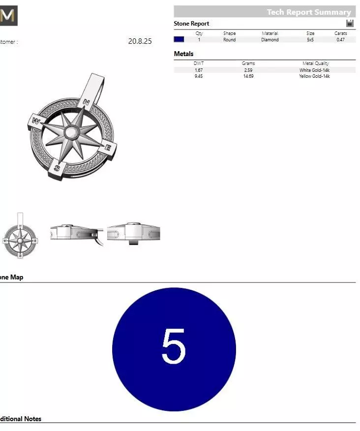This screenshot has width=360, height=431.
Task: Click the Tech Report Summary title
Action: pos(308,12)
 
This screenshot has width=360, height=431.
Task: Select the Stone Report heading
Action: pos(191,24)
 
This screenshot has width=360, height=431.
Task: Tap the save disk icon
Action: pos(350,23)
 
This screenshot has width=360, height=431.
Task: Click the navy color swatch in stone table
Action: pos(179,40)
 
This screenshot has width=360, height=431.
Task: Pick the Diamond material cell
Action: pos(270,40)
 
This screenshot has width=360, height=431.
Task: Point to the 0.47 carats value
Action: pos(340,40)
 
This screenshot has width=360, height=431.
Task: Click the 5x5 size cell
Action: pos(310,40)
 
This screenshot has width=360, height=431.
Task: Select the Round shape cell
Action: pos(229,40)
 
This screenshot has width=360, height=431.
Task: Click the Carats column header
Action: pos(340,33)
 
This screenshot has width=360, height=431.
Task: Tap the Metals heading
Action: pos(183,54)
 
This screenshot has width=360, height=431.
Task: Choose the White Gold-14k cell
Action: pos(314,70)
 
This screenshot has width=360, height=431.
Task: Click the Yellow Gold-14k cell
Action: pos(314,77)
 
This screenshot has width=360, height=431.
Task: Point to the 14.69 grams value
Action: pos(248,77)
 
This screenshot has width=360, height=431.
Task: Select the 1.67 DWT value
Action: pos(199,70)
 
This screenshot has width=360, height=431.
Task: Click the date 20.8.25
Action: pos(140,41)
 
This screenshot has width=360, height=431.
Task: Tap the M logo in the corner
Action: pos(8,16)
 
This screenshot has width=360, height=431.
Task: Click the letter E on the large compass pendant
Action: pos(109,147)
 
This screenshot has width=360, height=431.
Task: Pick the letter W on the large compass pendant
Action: pos(36,121)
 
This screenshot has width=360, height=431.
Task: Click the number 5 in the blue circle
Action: pos(174,346)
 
